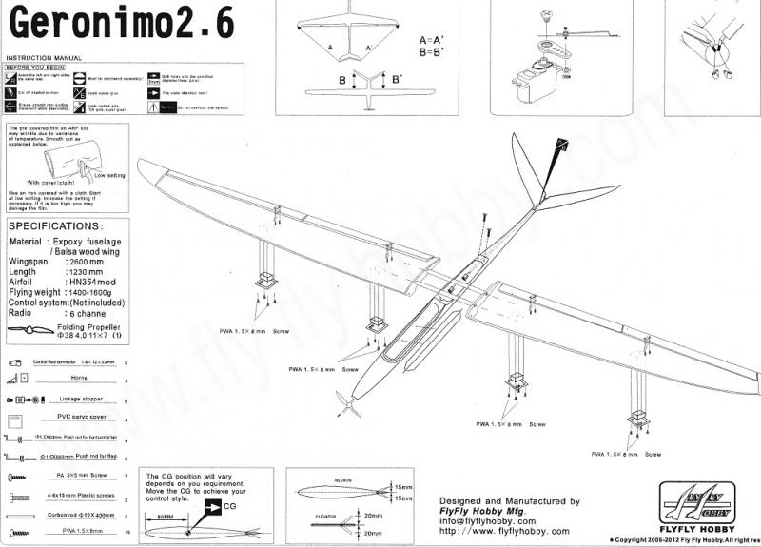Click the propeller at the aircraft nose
(349, 406)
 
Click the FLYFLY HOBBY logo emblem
(698, 502)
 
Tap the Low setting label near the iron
(109, 176)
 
